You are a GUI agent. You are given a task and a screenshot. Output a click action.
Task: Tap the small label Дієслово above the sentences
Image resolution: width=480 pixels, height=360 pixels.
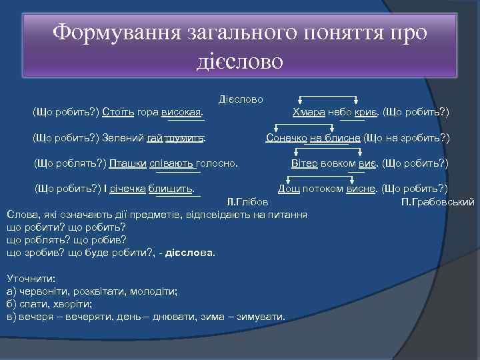click(241, 99)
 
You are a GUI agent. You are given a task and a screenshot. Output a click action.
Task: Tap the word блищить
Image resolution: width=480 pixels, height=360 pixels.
click(171, 189)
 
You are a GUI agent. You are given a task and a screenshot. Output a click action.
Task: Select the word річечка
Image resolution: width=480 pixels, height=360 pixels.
click(129, 189)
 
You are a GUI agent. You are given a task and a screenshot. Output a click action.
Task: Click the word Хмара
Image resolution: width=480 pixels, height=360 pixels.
click(309, 112)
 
